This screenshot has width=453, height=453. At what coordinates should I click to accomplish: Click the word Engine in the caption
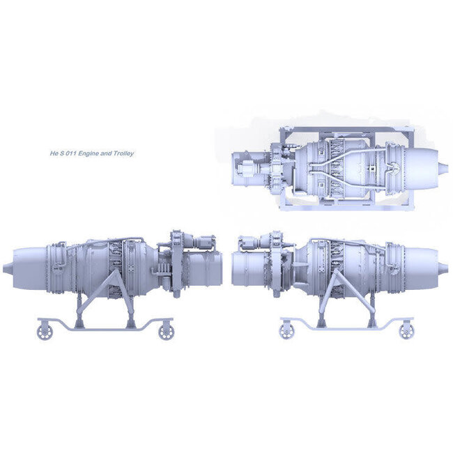point(89,153)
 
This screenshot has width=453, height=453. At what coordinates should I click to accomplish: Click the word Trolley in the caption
point(123,153)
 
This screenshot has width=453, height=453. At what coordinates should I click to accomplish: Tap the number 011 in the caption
point(71,153)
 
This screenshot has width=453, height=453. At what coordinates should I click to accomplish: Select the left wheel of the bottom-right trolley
point(287,331)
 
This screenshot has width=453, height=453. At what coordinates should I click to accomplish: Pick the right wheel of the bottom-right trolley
point(406,331)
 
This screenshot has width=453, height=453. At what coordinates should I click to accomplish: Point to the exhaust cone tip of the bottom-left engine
point(3,268)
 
